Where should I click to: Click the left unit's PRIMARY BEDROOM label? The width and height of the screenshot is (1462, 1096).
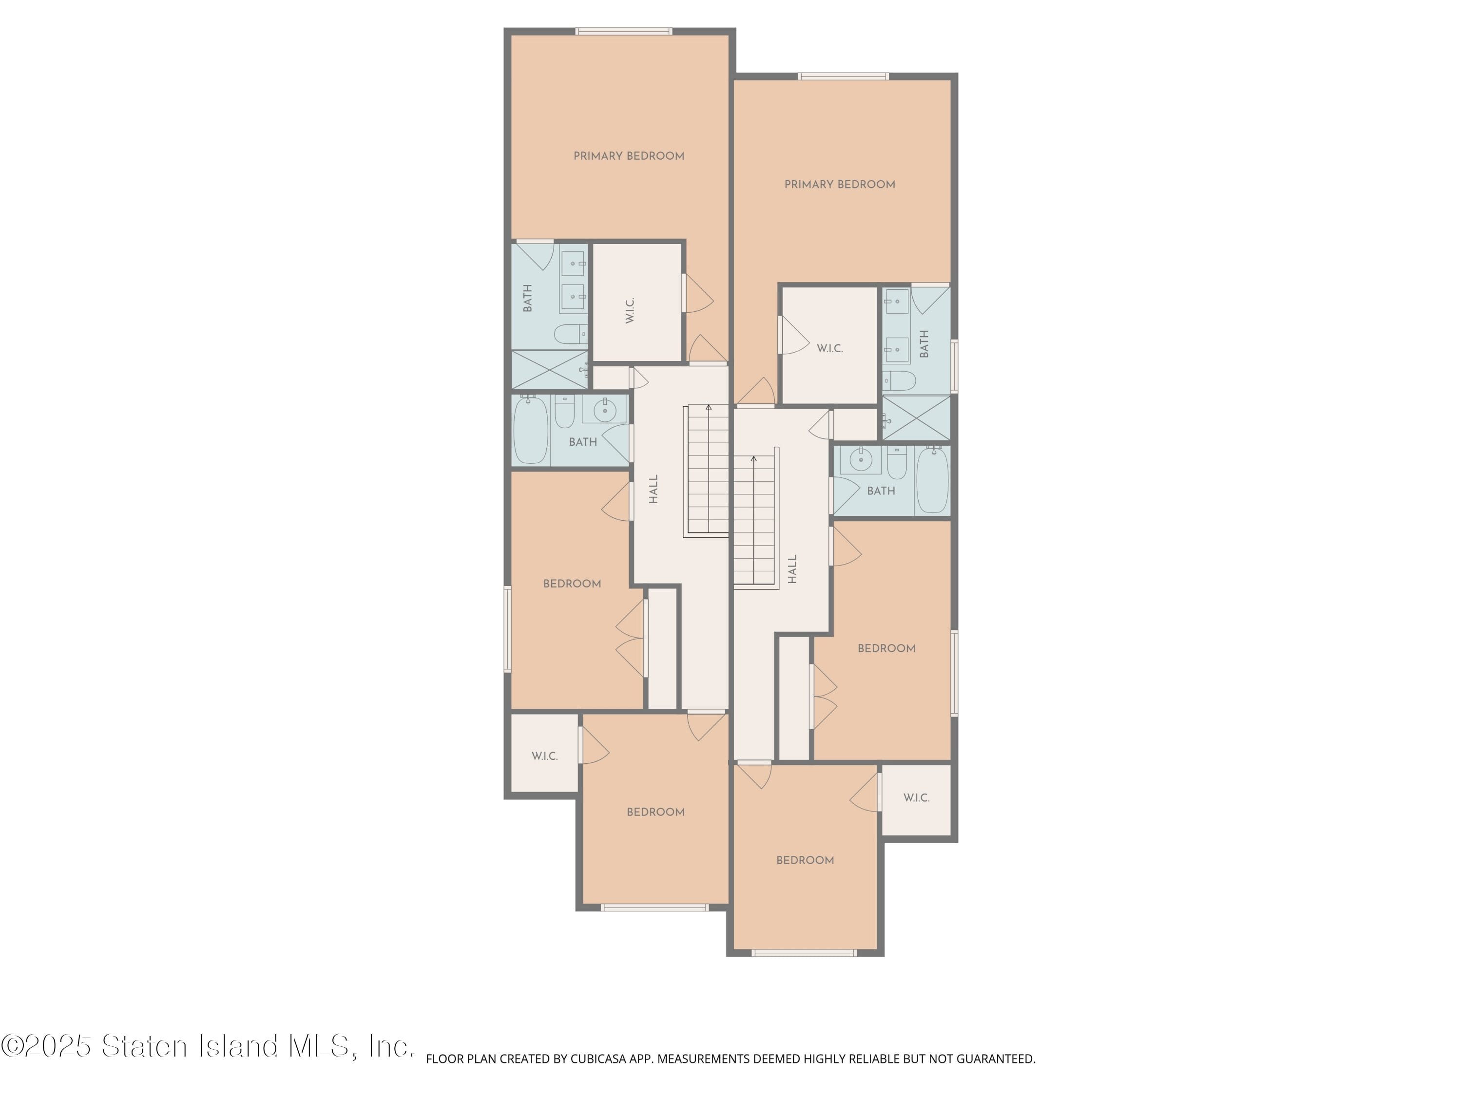pyautogui.click(x=629, y=156)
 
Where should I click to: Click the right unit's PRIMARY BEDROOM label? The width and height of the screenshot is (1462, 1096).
pyautogui.click(x=839, y=184)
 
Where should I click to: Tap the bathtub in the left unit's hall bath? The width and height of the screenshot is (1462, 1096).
pyautogui.click(x=531, y=430)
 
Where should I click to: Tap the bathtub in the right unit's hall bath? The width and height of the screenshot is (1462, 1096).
pyautogui.click(x=933, y=480)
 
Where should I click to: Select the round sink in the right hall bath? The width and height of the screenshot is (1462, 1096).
pyautogui.click(x=861, y=460)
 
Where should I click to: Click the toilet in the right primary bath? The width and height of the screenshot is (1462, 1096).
pyautogui.click(x=900, y=380)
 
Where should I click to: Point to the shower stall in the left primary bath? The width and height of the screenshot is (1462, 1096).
pyautogui.click(x=549, y=370)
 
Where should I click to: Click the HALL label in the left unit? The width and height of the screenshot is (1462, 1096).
pyautogui.click(x=654, y=489)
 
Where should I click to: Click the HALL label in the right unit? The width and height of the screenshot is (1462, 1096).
pyautogui.click(x=792, y=568)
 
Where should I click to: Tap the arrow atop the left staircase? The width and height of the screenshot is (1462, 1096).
pyautogui.click(x=709, y=408)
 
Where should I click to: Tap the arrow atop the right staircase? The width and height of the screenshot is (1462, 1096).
pyautogui.click(x=753, y=458)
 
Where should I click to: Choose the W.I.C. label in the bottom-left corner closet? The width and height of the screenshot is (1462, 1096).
pyautogui.click(x=545, y=756)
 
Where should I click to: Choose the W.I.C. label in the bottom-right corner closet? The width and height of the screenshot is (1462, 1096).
pyautogui.click(x=916, y=797)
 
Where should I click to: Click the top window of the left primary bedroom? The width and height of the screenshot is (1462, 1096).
pyautogui.click(x=623, y=31)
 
